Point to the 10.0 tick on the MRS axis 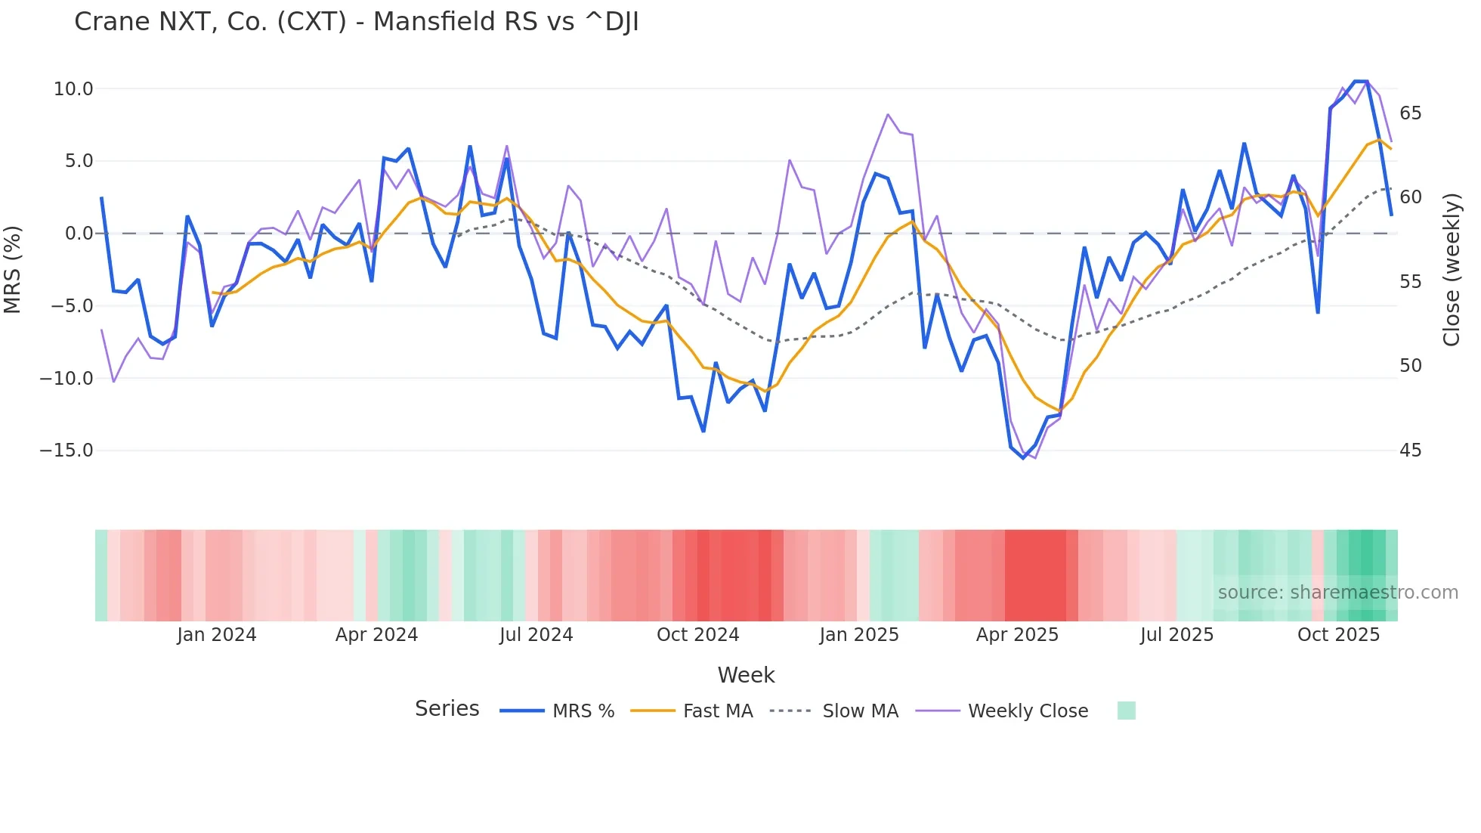pos(73,89)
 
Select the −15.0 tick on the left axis pos(67,451)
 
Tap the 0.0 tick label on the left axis pos(79,234)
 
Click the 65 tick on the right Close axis pos(1410,113)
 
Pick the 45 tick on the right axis pos(1410,451)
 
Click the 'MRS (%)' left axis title pos(13,269)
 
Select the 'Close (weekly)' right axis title pos(1452,269)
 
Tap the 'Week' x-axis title pos(746,675)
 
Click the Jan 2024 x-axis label pos(217,635)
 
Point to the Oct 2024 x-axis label pos(697,635)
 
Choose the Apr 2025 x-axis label pos(1017,635)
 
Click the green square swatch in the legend pos(1126,711)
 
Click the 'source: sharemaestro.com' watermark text pos(1337,593)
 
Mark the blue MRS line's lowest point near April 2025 pos(1024,458)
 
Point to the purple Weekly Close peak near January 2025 pos(888,115)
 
